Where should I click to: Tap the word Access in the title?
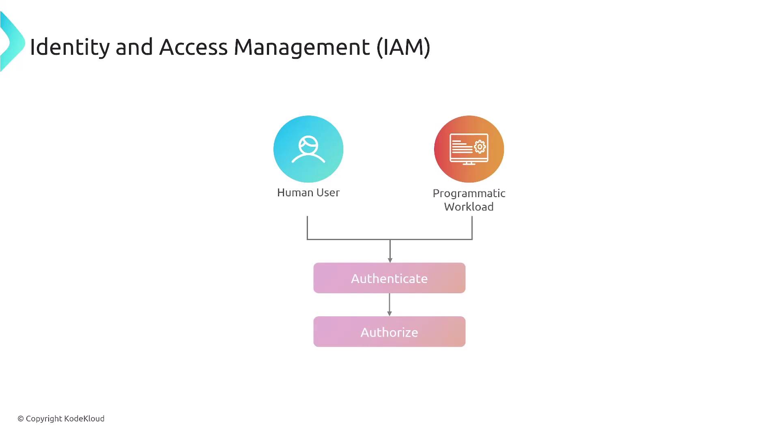(193, 47)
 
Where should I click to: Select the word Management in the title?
(301, 47)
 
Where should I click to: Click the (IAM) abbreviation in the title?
(403, 47)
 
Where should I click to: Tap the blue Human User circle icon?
(308, 149)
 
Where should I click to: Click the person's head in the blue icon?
(308, 145)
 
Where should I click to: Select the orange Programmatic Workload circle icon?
(469, 149)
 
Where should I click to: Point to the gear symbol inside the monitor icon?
(480, 146)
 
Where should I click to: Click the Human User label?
(308, 193)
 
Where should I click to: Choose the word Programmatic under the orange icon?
(469, 193)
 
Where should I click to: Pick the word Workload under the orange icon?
(469, 207)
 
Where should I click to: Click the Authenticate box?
(389, 278)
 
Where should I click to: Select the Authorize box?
(389, 332)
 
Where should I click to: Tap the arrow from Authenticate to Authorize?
(389, 304)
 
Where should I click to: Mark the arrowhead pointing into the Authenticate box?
(390, 260)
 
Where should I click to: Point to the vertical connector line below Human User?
(308, 227)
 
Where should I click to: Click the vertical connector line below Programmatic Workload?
(472, 227)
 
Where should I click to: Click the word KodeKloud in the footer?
(84, 419)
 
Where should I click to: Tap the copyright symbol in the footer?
(21, 419)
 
